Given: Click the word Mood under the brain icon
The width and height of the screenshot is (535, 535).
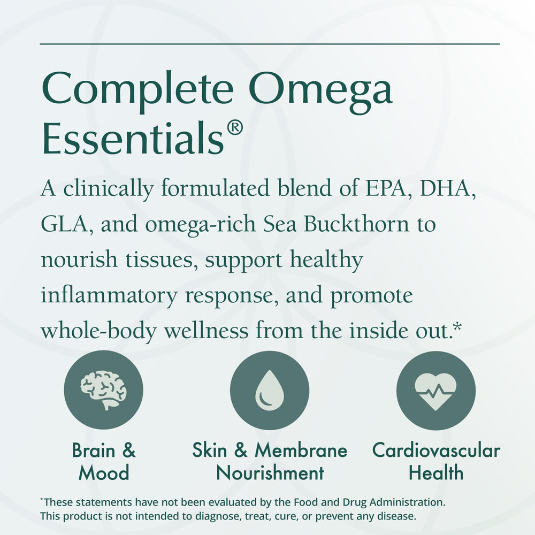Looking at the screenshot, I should [x=103, y=473].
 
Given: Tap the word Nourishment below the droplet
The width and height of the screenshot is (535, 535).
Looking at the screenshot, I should [x=270, y=473].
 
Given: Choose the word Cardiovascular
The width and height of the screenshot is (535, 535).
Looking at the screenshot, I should [x=436, y=450].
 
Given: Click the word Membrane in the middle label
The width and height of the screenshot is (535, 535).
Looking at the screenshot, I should [x=301, y=450].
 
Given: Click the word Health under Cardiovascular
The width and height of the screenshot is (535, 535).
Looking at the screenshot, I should [x=436, y=473].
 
